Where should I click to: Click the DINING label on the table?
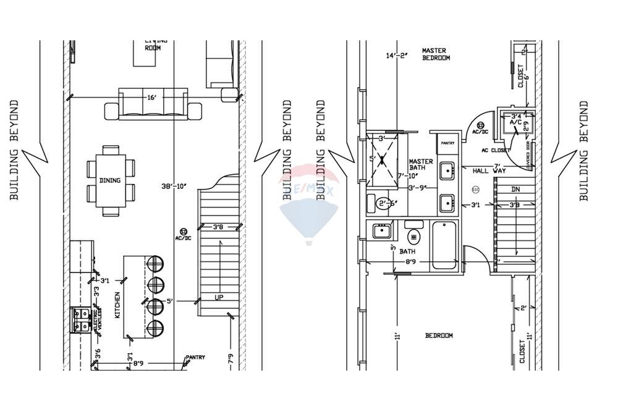pyautogui.click(x=110, y=180)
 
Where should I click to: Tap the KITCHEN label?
pyautogui.click(x=117, y=305)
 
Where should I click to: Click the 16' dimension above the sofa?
pyautogui.click(x=152, y=97)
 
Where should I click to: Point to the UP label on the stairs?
pyautogui.click(x=219, y=297)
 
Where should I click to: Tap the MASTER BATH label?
pyautogui.click(x=421, y=166)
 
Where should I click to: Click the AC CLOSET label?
pyautogui.click(x=496, y=150)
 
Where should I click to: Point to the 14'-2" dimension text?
pyautogui.click(x=398, y=56)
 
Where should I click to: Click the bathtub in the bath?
pyautogui.click(x=444, y=245)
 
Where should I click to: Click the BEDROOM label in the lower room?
pyautogui.click(x=439, y=335)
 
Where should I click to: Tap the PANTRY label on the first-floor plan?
pyautogui.click(x=195, y=358)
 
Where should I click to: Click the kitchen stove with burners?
pyautogui.click(x=81, y=319)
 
